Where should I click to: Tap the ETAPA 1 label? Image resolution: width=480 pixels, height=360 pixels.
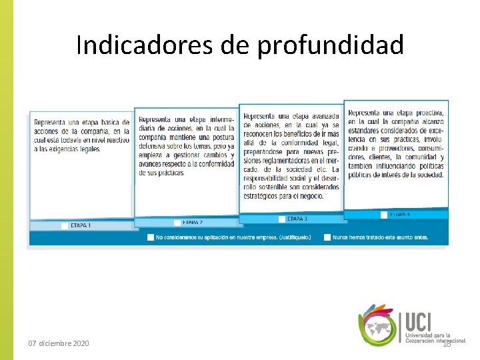point(81,225)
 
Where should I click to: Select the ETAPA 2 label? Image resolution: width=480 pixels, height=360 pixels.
point(193,222)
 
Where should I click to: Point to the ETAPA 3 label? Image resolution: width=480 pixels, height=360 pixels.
point(297,219)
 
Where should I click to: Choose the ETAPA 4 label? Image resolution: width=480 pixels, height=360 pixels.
point(399,215)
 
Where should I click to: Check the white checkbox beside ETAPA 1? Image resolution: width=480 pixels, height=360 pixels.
point(65,225)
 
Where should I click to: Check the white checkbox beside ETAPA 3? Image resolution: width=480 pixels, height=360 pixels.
point(282,219)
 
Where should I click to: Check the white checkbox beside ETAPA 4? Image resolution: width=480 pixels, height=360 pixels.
point(384,215)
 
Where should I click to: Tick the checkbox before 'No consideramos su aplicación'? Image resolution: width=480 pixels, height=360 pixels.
point(151,237)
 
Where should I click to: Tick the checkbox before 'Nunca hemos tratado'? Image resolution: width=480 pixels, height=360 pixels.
point(327,237)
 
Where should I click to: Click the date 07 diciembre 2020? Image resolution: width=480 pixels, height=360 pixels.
point(58,343)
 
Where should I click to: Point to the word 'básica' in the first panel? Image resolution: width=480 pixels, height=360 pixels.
point(117,123)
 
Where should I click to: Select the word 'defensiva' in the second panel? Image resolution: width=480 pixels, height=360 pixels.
point(157,147)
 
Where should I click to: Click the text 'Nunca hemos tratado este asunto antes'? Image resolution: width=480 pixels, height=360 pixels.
point(381,237)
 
